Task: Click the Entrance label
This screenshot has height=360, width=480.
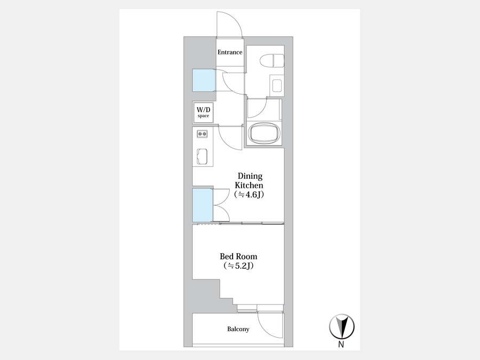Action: tap(229, 52)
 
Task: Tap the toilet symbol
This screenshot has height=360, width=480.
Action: tap(272, 61)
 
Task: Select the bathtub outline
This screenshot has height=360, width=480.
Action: tap(264, 133)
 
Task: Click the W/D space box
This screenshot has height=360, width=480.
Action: tap(203, 113)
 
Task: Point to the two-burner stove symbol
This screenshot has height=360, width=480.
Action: tap(202, 134)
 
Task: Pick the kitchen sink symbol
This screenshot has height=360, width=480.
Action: tap(202, 156)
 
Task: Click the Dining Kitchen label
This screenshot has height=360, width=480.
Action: tap(249, 181)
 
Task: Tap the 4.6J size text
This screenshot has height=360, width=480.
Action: tap(249, 194)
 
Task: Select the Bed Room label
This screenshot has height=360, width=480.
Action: tap(238, 257)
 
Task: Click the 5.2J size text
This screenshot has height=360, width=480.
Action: tap(238, 266)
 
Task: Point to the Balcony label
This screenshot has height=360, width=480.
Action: tap(238, 329)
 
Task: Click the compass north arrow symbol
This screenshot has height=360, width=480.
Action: tap(342, 326)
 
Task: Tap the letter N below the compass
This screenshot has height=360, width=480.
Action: tap(341, 345)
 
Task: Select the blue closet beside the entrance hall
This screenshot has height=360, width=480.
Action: tap(204, 81)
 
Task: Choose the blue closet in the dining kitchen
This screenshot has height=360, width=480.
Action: tap(202, 205)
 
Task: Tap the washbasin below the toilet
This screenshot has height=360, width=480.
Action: tap(277, 86)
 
